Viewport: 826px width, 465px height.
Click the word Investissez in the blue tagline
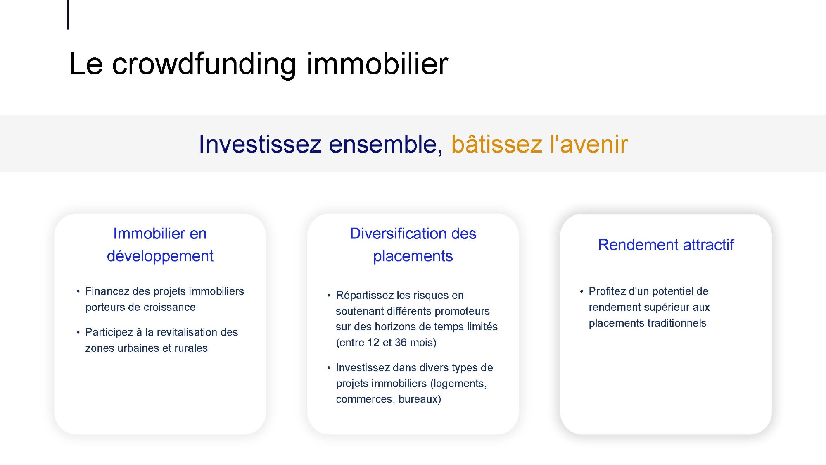coord(260,144)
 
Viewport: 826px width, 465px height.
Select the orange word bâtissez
coord(496,144)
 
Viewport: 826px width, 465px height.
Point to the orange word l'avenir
coord(589,144)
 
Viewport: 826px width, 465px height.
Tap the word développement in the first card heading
coord(160,257)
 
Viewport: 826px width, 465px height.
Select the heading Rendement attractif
coord(666,245)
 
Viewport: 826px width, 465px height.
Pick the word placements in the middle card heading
coord(413,257)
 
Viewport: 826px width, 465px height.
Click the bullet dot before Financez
coord(78,292)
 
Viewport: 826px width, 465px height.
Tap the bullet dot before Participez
coord(78,333)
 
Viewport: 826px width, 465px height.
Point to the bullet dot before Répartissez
coord(329,296)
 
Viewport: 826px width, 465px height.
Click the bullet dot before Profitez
coord(582,292)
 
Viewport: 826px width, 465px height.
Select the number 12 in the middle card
coord(373,343)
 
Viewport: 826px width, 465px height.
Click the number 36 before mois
coord(401,343)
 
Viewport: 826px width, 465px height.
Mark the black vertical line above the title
coord(68,15)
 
